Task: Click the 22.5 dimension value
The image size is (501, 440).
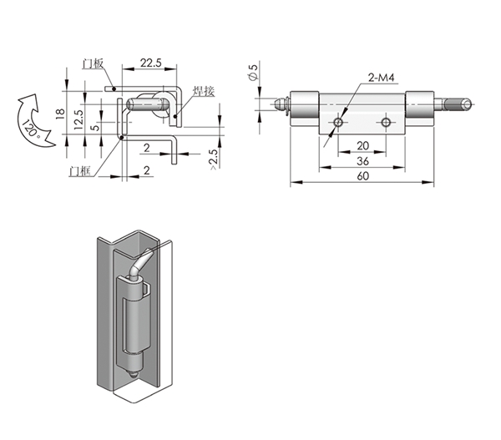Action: point(151,63)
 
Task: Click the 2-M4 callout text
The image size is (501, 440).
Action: point(381,78)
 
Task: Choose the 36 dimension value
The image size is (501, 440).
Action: point(362,161)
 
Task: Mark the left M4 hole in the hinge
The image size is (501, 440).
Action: point(337,124)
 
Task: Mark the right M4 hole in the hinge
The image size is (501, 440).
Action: point(386,124)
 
